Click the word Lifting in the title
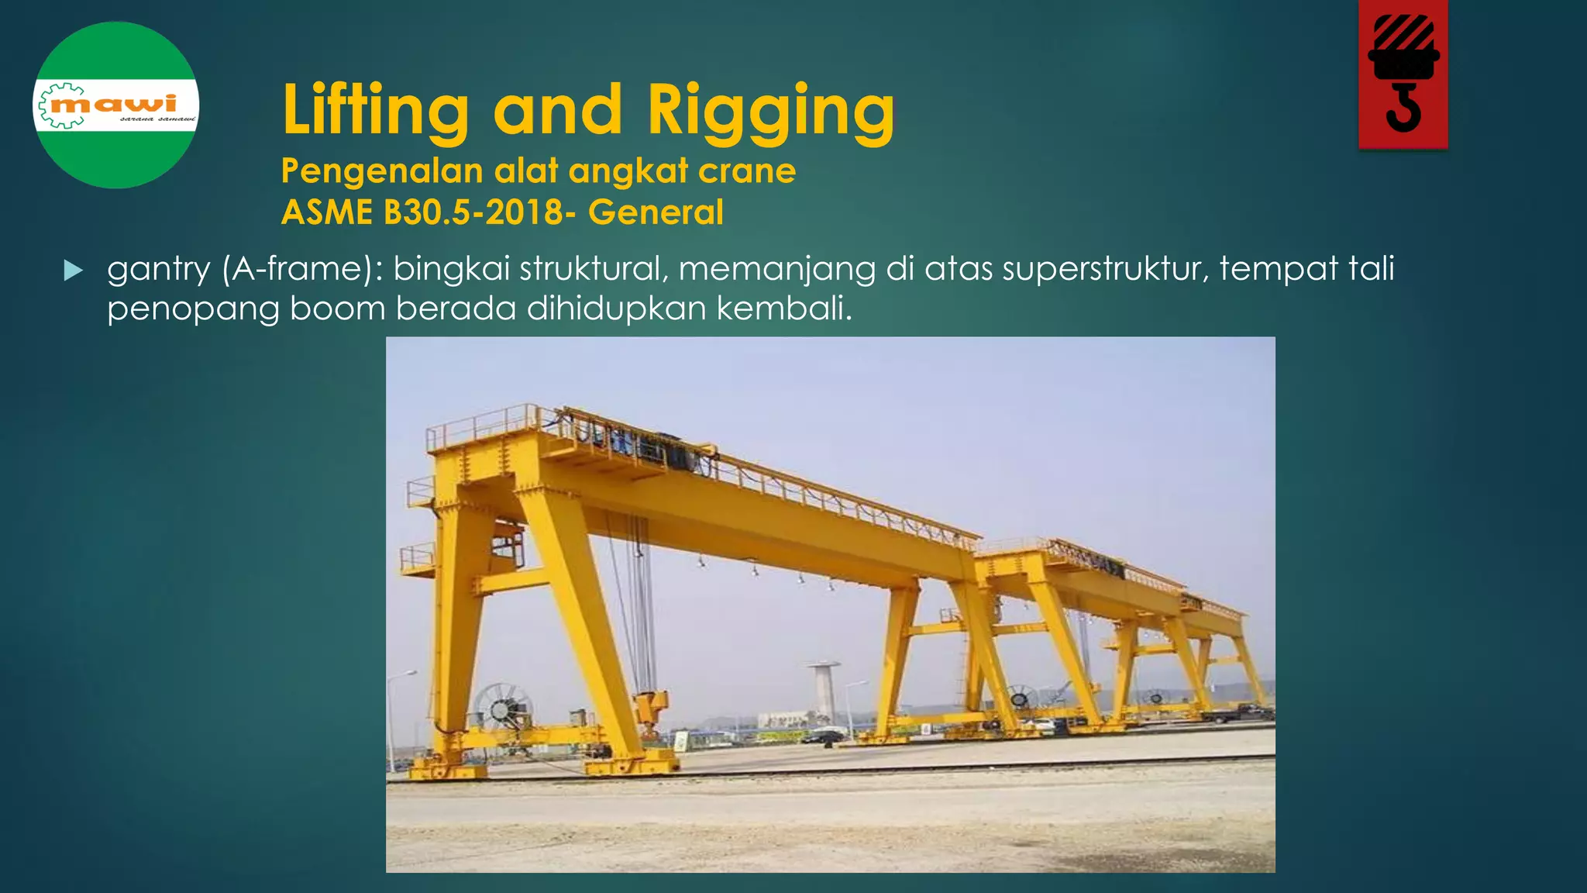[x=376, y=110]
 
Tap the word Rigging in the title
[x=771, y=110]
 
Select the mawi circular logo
[x=116, y=105]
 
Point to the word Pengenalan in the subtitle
[x=382, y=171]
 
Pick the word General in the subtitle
[x=656, y=212]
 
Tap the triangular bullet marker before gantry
[x=74, y=271]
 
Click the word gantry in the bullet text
[x=158, y=270]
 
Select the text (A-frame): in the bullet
[x=302, y=269]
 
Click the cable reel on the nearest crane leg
[x=503, y=708]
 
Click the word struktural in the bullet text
[x=594, y=269]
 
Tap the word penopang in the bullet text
[x=192, y=309]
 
